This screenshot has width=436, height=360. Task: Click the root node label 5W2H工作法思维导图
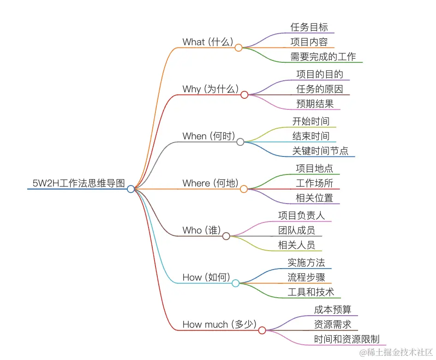(78, 183)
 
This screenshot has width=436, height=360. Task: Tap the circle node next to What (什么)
(239, 48)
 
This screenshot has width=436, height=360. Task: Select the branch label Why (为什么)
(210, 89)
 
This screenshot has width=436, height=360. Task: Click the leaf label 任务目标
(309, 27)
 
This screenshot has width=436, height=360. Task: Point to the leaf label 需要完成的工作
(323, 57)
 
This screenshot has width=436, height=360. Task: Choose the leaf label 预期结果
(315, 104)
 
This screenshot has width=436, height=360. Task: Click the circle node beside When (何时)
(240, 142)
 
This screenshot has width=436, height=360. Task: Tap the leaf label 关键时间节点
(323, 151)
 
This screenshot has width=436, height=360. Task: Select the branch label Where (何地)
(210, 183)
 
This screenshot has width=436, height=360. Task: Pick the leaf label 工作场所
(315, 183)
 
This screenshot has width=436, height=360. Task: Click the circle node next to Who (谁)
(226, 236)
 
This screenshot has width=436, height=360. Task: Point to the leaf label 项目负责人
(302, 216)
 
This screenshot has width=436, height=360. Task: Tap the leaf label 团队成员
(297, 230)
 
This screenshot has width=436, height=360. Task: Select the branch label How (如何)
(206, 277)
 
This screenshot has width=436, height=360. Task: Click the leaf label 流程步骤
(306, 277)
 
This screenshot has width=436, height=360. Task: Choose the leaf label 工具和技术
(311, 292)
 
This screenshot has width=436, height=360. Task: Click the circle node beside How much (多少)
(262, 330)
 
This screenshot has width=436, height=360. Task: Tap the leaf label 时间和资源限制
(346, 339)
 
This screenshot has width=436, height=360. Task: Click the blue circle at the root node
(131, 189)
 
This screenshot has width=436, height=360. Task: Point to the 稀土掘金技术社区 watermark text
(397, 352)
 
